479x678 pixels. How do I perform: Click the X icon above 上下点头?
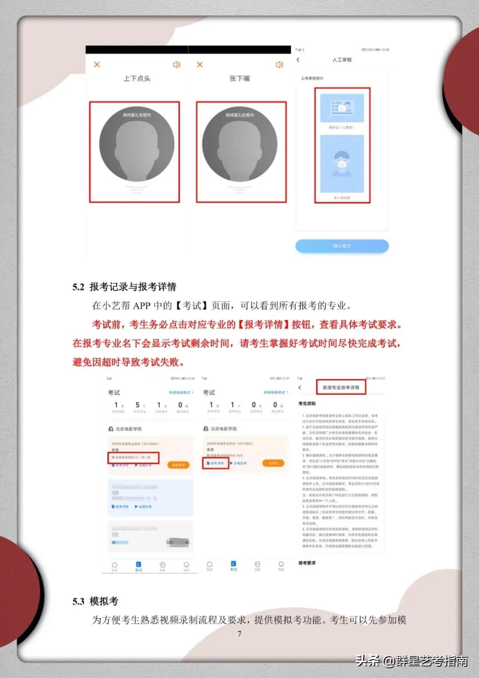pyautogui.click(x=97, y=64)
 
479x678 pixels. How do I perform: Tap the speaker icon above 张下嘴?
pyautogui.click(x=279, y=65)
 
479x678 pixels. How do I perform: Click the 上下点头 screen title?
pyautogui.click(x=137, y=79)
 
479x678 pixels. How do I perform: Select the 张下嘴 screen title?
pyautogui.click(x=239, y=79)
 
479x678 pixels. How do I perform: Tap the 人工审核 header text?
pyautogui.click(x=342, y=59)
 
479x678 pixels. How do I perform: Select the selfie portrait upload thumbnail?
pyautogui.click(x=342, y=164)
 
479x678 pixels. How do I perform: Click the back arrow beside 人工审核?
pyautogui.click(x=298, y=59)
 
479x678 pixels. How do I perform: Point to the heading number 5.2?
pyautogui.click(x=78, y=287)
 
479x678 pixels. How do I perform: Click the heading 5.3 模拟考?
pyautogui.click(x=95, y=601)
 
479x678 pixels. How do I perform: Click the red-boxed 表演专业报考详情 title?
pyautogui.click(x=341, y=387)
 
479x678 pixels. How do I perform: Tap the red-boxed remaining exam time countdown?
pyautogui.click(x=133, y=457)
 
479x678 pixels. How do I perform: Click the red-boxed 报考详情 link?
pyautogui.click(x=216, y=463)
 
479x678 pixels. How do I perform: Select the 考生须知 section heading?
pyautogui.click(x=307, y=404)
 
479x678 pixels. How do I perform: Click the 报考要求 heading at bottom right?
pyautogui.click(x=307, y=563)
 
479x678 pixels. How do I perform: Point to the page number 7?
pyautogui.click(x=239, y=634)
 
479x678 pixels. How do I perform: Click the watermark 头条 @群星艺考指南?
pyautogui.click(x=412, y=661)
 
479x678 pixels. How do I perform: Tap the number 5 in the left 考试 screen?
pyautogui.click(x=137, y=405)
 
